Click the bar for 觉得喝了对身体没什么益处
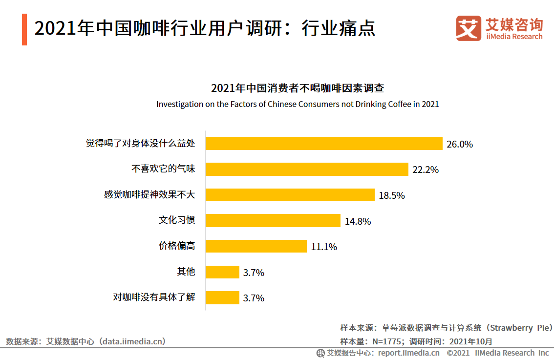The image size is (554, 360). tap(324, 144)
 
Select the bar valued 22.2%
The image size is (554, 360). tap(307, 169)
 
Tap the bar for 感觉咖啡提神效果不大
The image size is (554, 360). tap(290, 195)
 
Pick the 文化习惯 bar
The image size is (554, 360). tap(273, 220)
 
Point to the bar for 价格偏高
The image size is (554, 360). tap(256, 246)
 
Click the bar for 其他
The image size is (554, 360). tap(222, 272)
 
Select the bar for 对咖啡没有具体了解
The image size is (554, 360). tap(222, 297)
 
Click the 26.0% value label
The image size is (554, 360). tap(460, 145)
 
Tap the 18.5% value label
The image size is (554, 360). tap(392, 196)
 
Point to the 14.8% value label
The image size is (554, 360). tap(358, 221)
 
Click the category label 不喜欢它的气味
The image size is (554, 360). tap(163, 169)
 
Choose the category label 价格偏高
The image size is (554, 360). tap(177, 246)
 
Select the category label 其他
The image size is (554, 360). tap(186, 272)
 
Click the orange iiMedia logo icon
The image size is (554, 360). tap(469, 29)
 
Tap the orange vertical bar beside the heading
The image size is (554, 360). tap(24, 30)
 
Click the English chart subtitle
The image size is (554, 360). tap(298, 104)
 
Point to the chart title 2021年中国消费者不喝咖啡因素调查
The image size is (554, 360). tap(298, 88)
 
